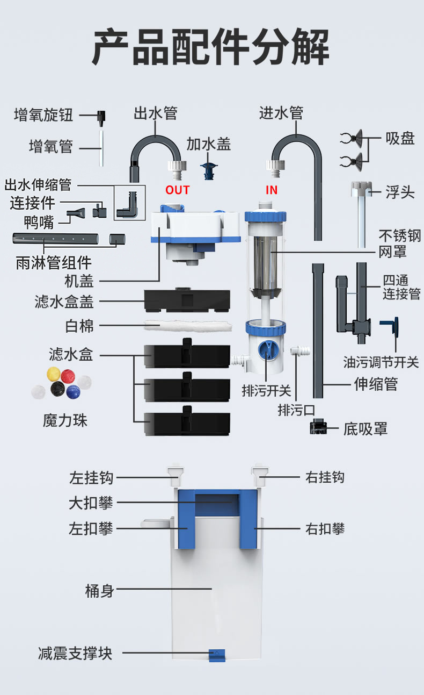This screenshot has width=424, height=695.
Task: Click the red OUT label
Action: click(x=177, y=190)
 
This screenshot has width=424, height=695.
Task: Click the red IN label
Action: click(x=272, y=190)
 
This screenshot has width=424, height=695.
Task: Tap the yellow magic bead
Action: click(x=53, y=374)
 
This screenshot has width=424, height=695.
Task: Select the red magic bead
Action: click(x=68, y=376)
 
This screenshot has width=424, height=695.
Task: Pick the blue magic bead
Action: click(x=73, y=392)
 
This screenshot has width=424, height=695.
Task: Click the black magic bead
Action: click(x=57, y=389)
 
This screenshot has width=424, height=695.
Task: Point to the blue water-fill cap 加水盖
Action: click(x=209, y=170)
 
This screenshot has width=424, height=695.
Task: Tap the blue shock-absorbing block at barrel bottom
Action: click(x=217, y=655)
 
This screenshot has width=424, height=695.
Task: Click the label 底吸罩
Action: click(x=365, y=429)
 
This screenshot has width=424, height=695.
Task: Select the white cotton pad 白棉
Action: click(x=188, y=326)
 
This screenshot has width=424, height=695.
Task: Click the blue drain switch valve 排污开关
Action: click(x=266, y=350)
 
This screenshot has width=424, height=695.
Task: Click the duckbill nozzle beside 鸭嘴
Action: click(x=76, y=213)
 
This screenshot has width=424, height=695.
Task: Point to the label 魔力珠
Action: click(x=65, y=421)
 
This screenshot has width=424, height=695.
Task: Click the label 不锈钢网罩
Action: click(x=399, y=243)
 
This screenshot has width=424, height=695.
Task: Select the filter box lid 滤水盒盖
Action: click(x=187, y=300)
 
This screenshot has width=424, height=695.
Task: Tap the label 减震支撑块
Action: click(x=75, y=653)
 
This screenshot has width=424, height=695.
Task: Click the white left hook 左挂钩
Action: click(x=176, y=477)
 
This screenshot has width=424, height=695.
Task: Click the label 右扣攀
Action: click(x=325, y=528)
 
